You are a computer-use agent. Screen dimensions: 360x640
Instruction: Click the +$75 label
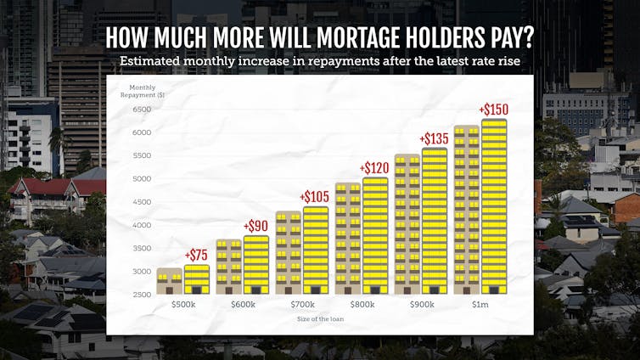click(197, 256)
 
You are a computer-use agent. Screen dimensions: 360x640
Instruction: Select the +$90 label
click(255, 227)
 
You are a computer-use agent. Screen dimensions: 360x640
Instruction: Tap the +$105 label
click(316, 197)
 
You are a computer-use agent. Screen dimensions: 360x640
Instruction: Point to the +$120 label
click(375, 168)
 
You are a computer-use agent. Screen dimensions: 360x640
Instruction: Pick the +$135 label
click(435, 139)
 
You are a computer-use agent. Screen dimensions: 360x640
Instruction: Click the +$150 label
click(494, 110)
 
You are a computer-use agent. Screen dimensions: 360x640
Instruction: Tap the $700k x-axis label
click(302, 304)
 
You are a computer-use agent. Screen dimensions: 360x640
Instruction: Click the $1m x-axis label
click(480, 304)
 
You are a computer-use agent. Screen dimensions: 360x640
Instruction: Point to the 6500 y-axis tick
click(142, 110)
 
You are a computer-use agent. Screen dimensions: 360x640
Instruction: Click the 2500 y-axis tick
click(142, 295)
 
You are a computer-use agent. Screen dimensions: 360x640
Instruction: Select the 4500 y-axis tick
click(142, 202)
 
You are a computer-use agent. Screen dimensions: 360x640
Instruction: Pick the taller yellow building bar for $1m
click(494, 206)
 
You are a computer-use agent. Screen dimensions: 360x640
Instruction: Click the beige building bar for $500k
click(170, 281)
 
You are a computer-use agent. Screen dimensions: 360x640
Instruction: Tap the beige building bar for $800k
click(348, 239)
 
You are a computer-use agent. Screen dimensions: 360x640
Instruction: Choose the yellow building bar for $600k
click(255, 265)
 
